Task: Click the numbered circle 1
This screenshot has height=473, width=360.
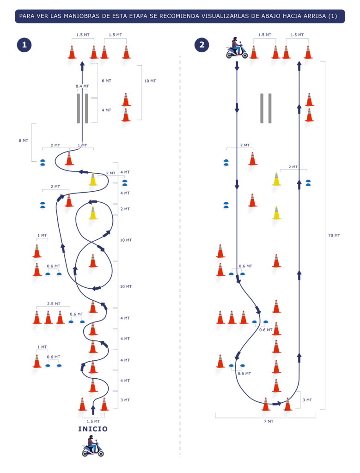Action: (24, 45)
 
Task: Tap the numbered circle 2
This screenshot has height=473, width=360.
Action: (201, 45)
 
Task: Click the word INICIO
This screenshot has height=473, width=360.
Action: (93, 429)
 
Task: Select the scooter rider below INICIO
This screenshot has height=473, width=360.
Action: (92, 446)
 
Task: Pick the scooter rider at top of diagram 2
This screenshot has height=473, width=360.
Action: (237, 48)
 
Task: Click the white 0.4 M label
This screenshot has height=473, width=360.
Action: (81, 86)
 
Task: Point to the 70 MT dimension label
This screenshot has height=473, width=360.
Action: (334, 236)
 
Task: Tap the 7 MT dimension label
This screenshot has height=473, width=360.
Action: (268, 421)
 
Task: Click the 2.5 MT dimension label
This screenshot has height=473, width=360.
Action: (54, 303)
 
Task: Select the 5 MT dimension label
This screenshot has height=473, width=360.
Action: (24, 140)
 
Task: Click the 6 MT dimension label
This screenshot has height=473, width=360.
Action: (106, 81)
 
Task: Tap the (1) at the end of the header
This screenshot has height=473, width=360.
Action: (332, 16)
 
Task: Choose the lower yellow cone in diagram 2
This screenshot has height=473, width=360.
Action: (276, 214)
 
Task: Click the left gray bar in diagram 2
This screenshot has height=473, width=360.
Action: (262, 108)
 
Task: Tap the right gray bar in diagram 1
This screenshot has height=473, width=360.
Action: (86, 108)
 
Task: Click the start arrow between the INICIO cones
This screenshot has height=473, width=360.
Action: (93, 409)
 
